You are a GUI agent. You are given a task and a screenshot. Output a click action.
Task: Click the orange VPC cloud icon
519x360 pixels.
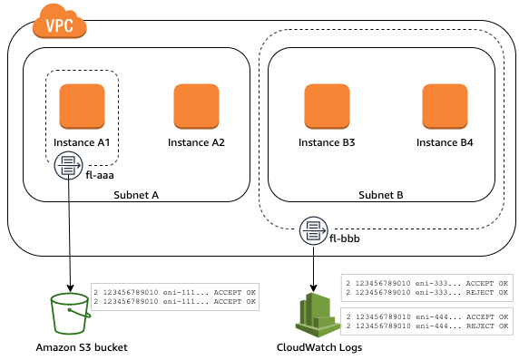[60, 22]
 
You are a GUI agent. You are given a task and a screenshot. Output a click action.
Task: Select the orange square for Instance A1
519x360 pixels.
[82, 106]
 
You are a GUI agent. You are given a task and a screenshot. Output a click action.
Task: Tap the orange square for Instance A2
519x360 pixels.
[196, 106]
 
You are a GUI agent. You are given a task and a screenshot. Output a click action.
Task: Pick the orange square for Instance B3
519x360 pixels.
[327, 106]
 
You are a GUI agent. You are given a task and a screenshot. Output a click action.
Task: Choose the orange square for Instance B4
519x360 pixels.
[445, 106]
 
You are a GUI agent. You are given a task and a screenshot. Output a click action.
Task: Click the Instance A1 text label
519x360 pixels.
[82, 142]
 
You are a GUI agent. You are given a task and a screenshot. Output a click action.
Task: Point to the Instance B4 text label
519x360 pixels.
[445, 142]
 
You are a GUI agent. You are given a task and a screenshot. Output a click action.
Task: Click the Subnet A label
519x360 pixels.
[136, 195]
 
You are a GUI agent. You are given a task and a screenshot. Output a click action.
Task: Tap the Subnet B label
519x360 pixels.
[381, 195]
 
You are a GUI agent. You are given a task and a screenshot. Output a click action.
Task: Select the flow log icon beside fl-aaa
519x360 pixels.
[69, 165]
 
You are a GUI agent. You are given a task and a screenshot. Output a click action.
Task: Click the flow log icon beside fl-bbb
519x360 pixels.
[314, 230]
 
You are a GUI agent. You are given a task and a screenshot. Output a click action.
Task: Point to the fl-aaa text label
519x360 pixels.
[100, 175]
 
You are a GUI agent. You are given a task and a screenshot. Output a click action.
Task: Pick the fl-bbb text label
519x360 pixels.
[345, 238]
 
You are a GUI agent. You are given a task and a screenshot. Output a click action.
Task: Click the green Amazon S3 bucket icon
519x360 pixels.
[70, 314]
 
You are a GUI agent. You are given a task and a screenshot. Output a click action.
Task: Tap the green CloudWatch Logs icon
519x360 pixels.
[318, 315]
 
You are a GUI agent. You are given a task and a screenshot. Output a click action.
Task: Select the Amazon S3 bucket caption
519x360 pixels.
[82, 347]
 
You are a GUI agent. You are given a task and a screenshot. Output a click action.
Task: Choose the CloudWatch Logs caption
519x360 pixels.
[319, 347]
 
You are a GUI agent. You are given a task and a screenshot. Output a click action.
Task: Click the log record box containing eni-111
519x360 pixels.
[175, 297]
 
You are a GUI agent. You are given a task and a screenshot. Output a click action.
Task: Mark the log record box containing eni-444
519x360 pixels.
[427, 321]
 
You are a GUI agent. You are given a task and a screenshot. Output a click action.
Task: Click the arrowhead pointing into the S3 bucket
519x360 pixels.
[70, 288]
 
